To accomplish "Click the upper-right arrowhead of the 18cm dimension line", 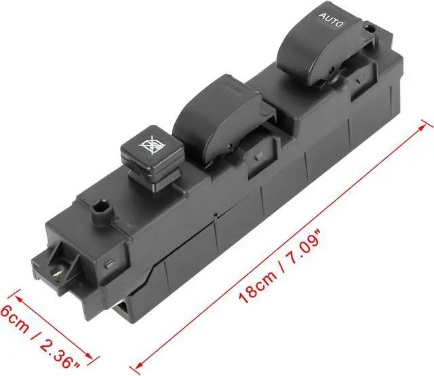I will tap(427, 124).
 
